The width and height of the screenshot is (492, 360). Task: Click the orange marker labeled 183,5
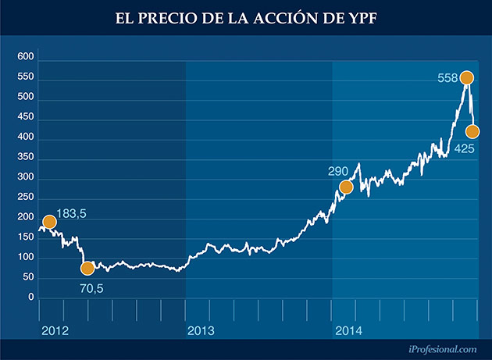pyautogui.click(x=50, y=222)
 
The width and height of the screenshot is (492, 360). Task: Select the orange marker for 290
pyautogui.click(x=347, y=187)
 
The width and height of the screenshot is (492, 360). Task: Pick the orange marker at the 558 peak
pyautogui.click(x=467, y=77)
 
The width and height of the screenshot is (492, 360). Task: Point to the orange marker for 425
pyautogui.click(x=472, y=131)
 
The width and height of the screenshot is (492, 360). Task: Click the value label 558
pyautogui.click(x=447, y=77)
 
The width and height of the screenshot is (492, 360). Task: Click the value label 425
pyautogui.click(x=465, y=148)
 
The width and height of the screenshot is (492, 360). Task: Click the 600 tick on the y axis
pyautogui.click(x=26, y=57)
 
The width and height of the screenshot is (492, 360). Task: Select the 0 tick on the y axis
pyautogui.click(x=30, y=298)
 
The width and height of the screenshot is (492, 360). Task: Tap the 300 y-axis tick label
pyautogui.click(x=26, y=178)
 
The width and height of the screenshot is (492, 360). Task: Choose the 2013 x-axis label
pyautogui.click(x=201, y=331)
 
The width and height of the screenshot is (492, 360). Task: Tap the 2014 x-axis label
pyautogui.click(x=348, y=331)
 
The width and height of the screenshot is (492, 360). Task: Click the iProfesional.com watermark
pyautogui.click(x=442, y=351)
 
